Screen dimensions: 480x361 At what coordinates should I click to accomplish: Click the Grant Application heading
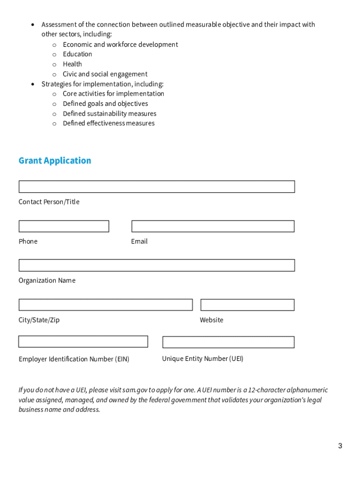pyautogui.click(x=55, y=161)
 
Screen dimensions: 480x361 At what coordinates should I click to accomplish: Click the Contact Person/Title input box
pyautogui.click(x=157, y=187)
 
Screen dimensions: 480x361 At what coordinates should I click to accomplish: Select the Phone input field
pyautogui.click(x=64, y=226)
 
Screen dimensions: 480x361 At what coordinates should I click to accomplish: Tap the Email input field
pyautogui.click(x=213, y=226)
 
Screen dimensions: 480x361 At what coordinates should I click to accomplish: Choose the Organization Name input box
pyautogui.click(x=157, y=265)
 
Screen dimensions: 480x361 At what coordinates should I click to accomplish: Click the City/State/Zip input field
pyautogui.click(x=105, y=305)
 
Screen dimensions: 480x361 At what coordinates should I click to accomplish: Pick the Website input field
pyautogui.click(x=247, y=305)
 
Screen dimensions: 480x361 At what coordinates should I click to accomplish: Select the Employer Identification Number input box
pyautogui.click(x=83, y=342)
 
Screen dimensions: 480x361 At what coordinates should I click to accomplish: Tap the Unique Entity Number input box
pyautogui.click(x=228, y=342)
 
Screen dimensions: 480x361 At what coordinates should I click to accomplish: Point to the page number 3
pyautogui.click(x=340, y=446)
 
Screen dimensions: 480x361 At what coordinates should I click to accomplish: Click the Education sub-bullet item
pyautogui.click(x=77, y=54)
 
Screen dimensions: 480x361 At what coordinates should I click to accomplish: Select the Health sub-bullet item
pyautogui.click(x=72, y=64)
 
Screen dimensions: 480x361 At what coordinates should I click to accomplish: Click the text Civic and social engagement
pyautogui.click(x=105, y=74)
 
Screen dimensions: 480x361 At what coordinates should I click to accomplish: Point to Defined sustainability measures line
pyautogui.click(x=110, y=113)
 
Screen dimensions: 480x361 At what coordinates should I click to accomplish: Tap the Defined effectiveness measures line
pyautogui.click(x=109, y=123)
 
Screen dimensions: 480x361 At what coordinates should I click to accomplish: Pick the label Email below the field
pyautogui.click(x=139, y=241)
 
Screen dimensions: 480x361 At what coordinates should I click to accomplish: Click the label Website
pyautogui.click(x=211, y=320)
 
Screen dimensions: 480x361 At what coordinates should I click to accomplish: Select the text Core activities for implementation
pyautogui.click(x=113, y=94)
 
